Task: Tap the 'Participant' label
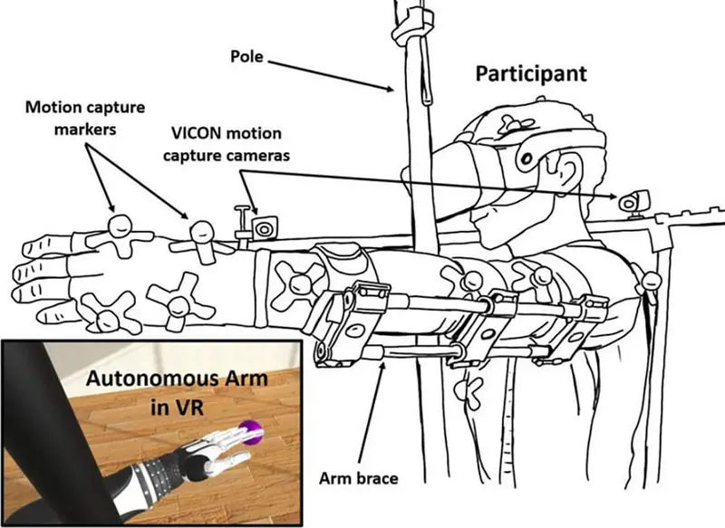click(x=532, y=73)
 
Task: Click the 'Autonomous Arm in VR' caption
click(x=177, y=392)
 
